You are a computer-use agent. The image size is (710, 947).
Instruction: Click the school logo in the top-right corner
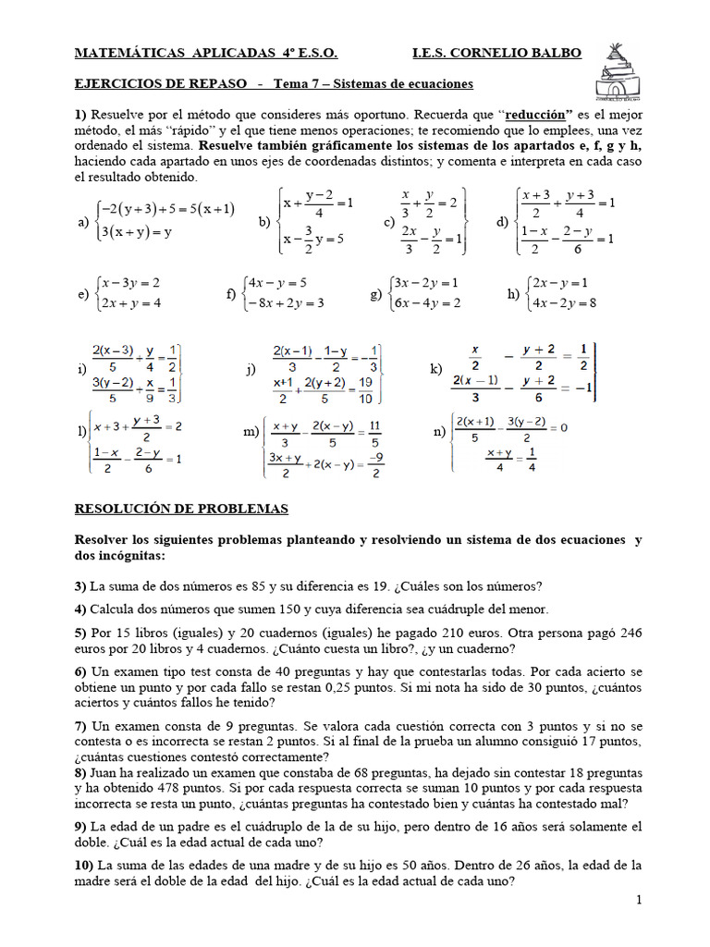pos(617,70)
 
